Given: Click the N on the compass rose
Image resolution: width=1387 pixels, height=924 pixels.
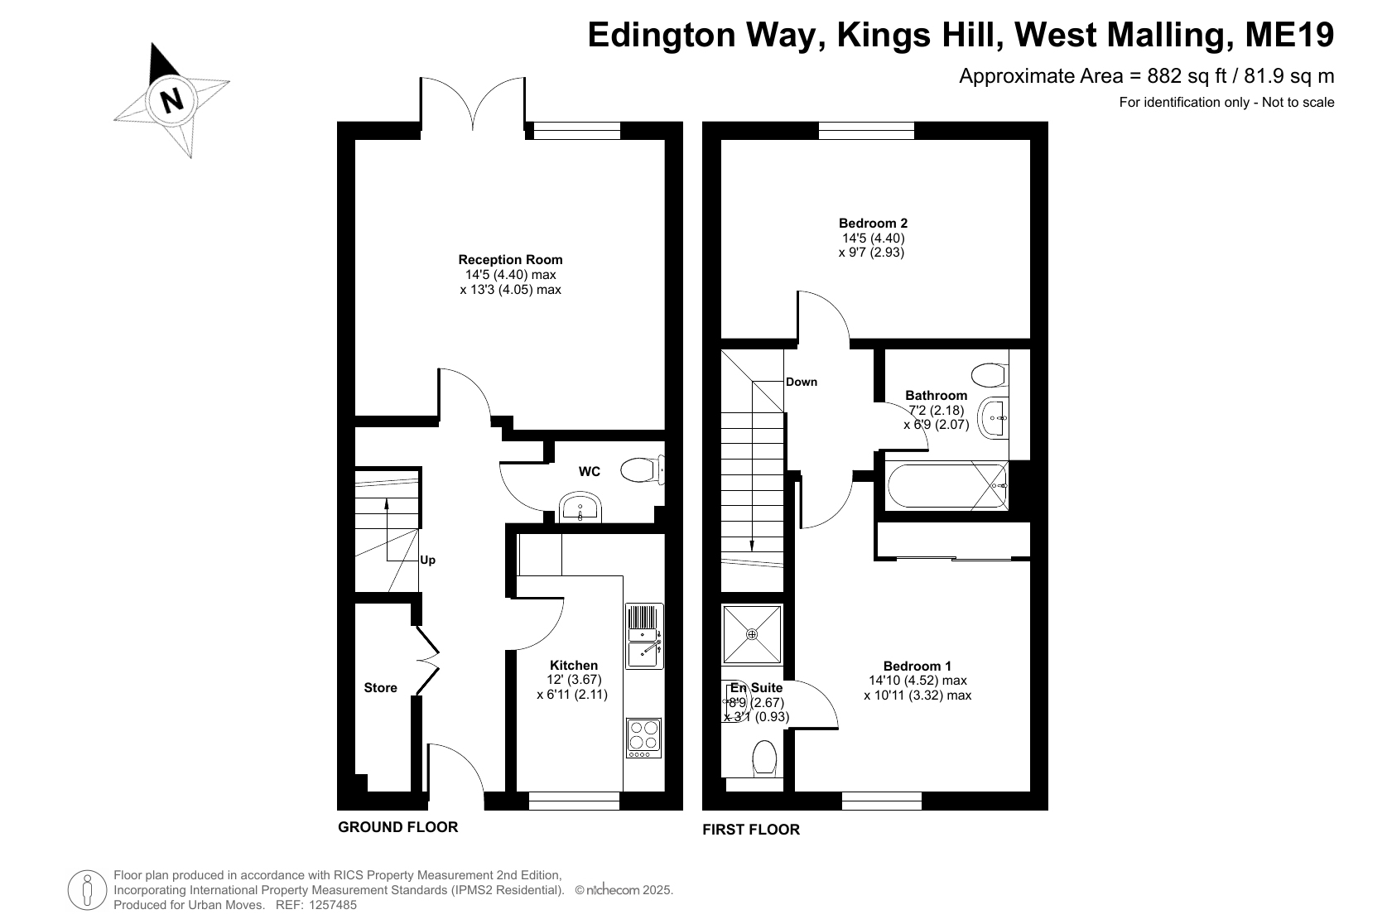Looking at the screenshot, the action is (x=171, y=99).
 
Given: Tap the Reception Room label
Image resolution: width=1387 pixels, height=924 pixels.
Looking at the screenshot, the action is (x=510, y=259).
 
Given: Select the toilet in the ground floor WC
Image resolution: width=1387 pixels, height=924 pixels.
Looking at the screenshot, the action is (x=643, y=469).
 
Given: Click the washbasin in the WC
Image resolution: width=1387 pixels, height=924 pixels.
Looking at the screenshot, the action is (x=580, y=508).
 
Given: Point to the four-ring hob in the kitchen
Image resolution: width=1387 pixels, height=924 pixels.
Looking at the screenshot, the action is (x=644, y=738).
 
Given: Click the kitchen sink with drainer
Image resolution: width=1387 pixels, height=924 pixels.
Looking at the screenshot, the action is (x=644, y=636).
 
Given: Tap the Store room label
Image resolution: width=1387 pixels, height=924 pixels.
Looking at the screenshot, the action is (x=380, y=687).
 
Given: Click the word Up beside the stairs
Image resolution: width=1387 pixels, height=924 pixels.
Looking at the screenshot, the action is (x=428, y=560).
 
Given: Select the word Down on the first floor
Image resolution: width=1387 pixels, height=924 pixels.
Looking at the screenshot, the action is (x=802, y=383).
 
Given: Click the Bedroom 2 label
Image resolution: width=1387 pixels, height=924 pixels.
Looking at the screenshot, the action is (x=873, y=223).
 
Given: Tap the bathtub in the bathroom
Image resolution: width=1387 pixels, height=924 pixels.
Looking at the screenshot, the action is (x=947, y=486).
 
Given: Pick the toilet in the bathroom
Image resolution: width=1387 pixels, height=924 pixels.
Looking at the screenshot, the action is (x=990, y=375).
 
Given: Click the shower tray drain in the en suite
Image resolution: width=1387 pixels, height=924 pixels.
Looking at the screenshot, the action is (x=752, y=634).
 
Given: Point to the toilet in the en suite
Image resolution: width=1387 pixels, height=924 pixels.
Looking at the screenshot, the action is (x=764, y=758).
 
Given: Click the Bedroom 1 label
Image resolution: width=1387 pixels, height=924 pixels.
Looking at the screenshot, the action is (x=917, y=666).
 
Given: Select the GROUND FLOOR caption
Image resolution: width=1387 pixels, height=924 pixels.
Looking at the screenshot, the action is (x=398, y=827).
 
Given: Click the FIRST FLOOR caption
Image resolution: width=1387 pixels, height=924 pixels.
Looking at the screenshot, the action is (x=751, y=830).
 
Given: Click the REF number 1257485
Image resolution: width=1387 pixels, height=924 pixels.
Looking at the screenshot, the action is (x=334, y=905).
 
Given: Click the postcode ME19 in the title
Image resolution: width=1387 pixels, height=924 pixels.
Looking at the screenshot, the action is (x=1290, y=35).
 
